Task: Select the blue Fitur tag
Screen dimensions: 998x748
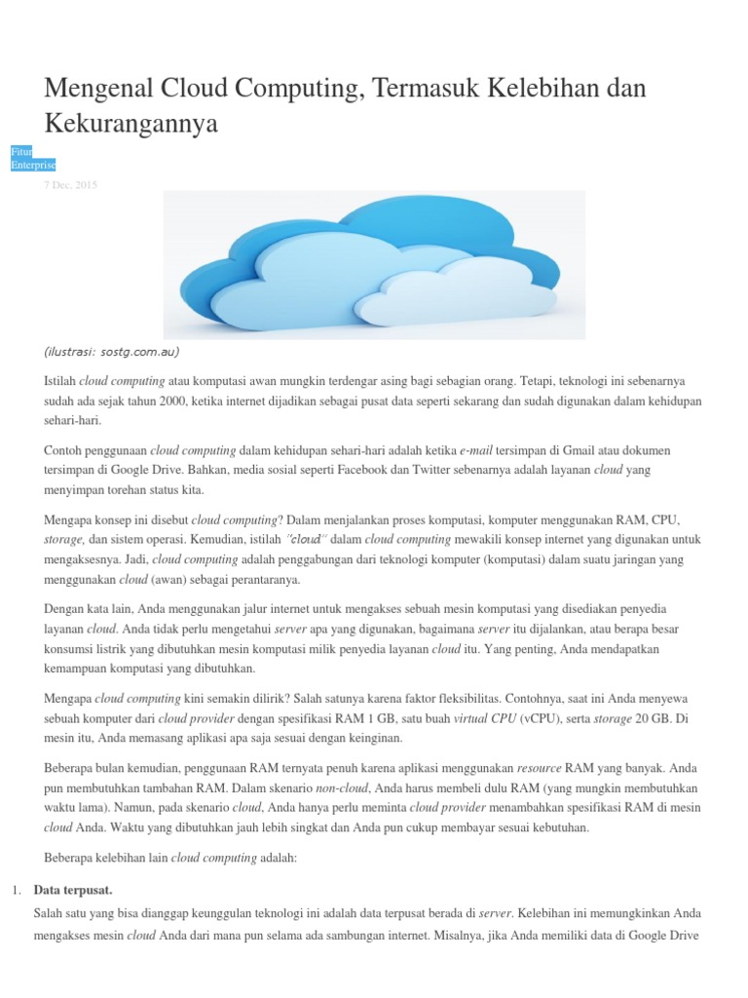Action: tap(20, 151)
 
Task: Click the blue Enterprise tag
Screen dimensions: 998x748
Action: tap(32, 165)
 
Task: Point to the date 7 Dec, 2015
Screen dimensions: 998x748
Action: tap(70, 184)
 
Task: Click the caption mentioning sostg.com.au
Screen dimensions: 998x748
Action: tap(112, 352)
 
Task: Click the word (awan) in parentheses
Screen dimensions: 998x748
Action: tap(169, 579)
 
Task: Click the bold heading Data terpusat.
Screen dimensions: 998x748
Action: tap(73, 890)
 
